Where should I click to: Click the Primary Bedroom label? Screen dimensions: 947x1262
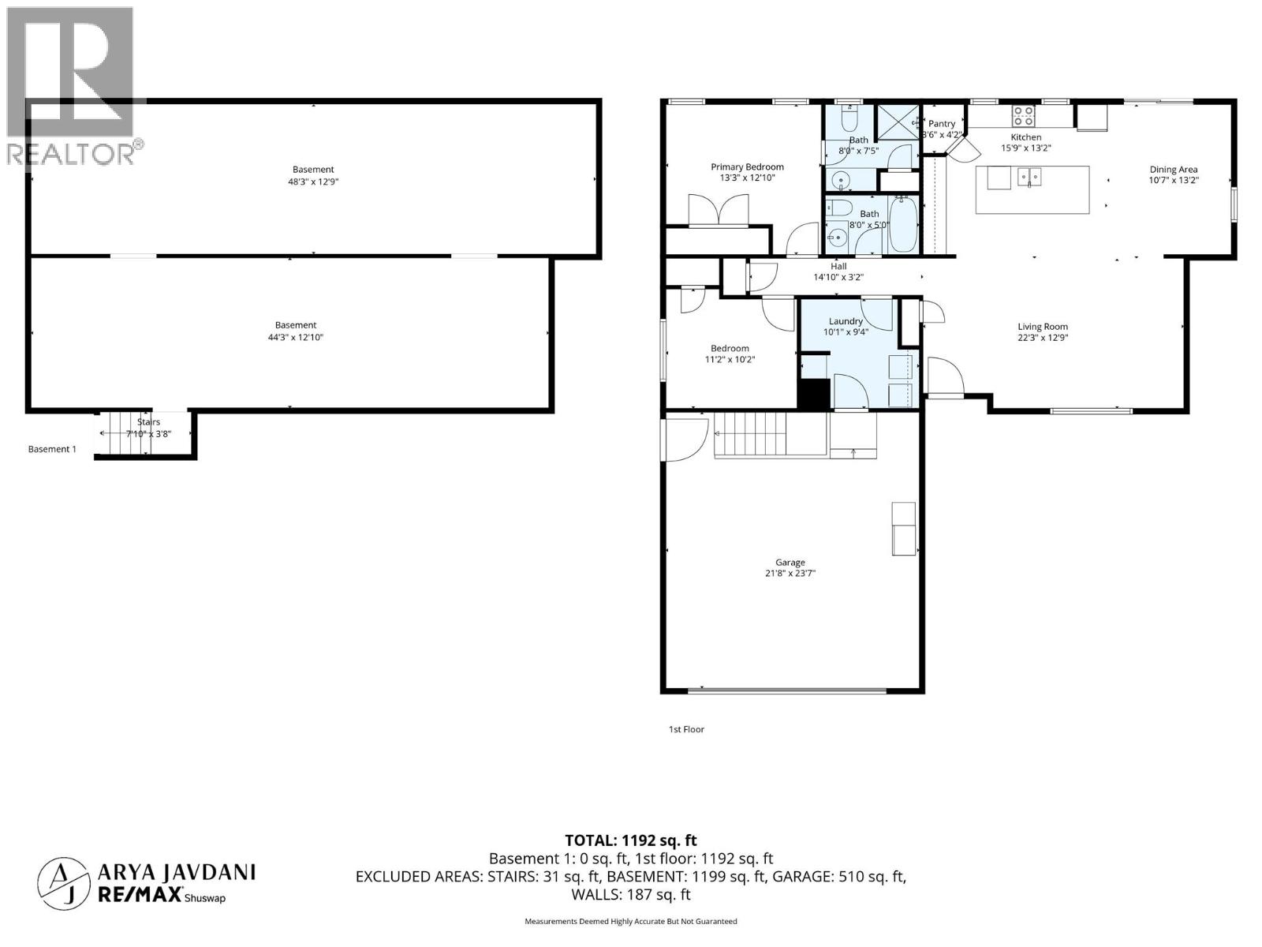pyautogui.click(x=747, y=167)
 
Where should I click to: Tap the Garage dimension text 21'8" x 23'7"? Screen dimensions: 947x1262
pyautogui.click(x=790, y=574)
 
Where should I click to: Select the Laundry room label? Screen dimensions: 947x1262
pyautogui.click(x=846, y=321)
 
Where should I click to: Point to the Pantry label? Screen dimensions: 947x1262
pyautogui.click(x=942, y=124)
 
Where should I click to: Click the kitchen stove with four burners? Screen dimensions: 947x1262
pyautogui.click(x=1023, y=116)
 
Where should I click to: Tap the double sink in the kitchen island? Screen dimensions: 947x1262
pyautogui.click(x=1029, y=176)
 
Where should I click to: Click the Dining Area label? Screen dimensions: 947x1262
pyautogui.click(x=1173, y=169)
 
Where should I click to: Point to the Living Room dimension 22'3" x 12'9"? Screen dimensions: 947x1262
pyautogui.click(x=1042, y=338)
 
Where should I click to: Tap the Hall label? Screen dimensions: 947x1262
pyautogui.click(x=838, y=267)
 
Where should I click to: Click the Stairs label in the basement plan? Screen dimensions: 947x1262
pyautogui.click(x=148, y=422)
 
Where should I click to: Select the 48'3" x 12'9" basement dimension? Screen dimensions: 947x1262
pyautogui.click(x=313, y=182)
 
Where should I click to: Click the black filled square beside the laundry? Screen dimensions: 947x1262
pyautogui.click(x=814, y=393)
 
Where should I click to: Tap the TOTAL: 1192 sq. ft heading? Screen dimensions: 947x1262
pyautogui.click(x=630, y=840)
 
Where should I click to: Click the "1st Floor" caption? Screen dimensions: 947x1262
pyautogui.click(x=686, y=729)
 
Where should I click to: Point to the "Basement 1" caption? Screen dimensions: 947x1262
pyautogui.click(x=52, y=449)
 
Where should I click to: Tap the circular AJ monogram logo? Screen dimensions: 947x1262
pyautogui.click(x=62, y=881)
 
